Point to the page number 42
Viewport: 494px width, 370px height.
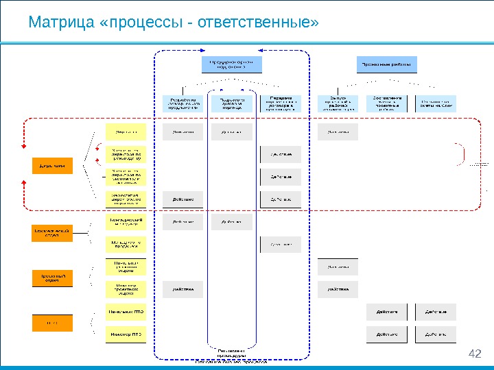click(474, 354)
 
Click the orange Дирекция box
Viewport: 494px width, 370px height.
click(53, 166)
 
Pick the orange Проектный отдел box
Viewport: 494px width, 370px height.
click(53, 277)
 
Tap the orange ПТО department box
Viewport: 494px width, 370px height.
click(53, 322)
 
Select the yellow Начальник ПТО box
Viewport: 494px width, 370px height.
click(126, 312)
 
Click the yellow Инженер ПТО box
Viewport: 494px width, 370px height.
click(126, 335)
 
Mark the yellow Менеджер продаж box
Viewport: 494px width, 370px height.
click(126, 244)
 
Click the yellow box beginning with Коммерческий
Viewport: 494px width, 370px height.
click(126, 222)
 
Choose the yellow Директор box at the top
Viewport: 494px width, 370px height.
click(126, 132)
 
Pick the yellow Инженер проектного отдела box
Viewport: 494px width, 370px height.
click(126, 289)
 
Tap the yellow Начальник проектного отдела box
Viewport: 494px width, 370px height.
click(126, 267)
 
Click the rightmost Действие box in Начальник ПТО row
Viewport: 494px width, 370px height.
click(435, 312)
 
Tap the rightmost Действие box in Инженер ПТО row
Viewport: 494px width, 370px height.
click(435, 335)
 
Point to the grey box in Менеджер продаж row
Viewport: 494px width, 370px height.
click(280, 244)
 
